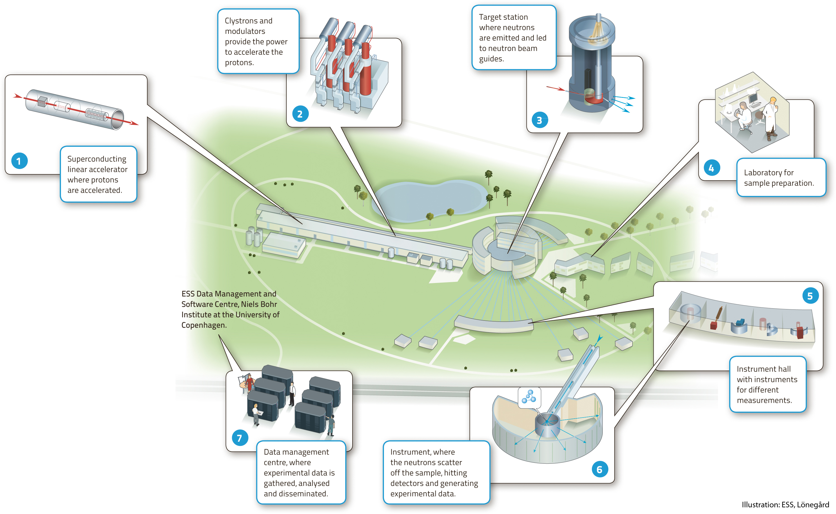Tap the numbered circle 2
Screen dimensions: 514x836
click(x=300, y=114)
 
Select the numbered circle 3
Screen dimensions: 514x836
click(x=540, y=120)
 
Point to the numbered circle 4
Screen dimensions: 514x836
click(x=711, y=168)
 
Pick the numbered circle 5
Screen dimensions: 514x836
click(x=810, y=296)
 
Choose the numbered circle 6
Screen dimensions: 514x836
click(x=599, y=470)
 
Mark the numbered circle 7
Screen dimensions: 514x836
click(x=240, y=438)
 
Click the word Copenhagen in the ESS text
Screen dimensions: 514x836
click(x=203, y=325)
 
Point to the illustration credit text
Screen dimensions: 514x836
click(x=785, y=505)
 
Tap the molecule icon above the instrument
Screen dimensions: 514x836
click(x=529, y=397)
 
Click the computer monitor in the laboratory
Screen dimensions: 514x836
click(x=753, y=99)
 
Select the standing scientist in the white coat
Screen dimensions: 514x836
click(x=770, y=119)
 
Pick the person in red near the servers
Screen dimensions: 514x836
click(x=250, y=382)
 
